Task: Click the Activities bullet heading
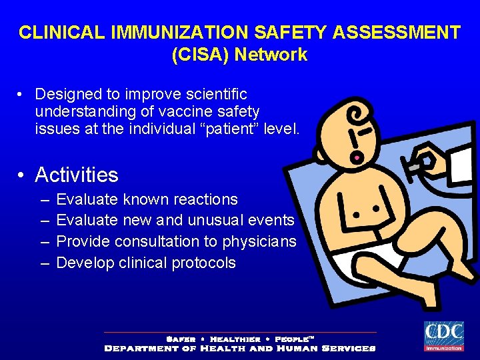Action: coord(77,175)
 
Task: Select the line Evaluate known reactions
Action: coord(147,199)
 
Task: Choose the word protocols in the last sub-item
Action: coord(204,263)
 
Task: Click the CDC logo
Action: coord(444,335)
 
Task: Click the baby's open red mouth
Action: coord(357,158)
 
